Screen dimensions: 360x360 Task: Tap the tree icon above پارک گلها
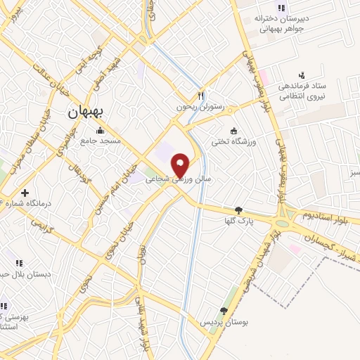click(x=239, y=210)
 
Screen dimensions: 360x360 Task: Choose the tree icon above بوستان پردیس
click(x=224, y=311)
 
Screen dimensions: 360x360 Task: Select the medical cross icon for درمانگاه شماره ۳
click(x=25, y=192)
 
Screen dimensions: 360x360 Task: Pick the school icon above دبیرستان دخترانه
click(x=281, y=8)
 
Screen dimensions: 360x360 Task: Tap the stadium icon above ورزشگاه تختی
click(x=235, y=130)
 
